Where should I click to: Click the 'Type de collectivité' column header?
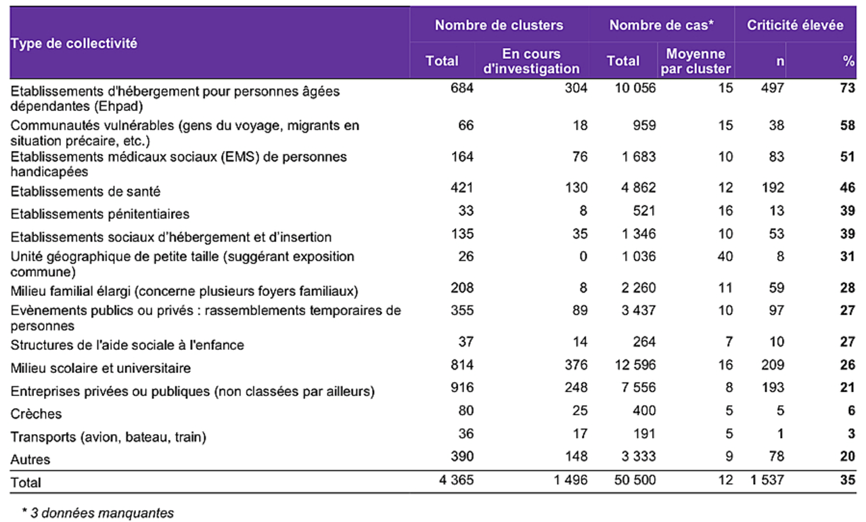(x=74, y=43)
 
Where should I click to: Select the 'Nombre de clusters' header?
(x=499, y=26)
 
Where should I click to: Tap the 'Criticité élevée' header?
(x=795, y=26)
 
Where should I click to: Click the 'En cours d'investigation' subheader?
(x=532, y=61)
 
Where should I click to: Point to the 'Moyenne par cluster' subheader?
(x=696, y=61)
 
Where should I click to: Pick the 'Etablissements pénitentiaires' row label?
(x=100, y=214)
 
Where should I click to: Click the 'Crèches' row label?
(x=36, y=414)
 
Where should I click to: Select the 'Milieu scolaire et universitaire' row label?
(x=101, y=368)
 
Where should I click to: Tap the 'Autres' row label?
(x=30, y=460)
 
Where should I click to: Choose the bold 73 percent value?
(x=848, y=88)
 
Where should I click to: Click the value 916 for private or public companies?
(x=462, y=391)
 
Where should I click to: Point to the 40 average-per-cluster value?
(x=725, y=257)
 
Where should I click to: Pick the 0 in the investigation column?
(x=583, y=257)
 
